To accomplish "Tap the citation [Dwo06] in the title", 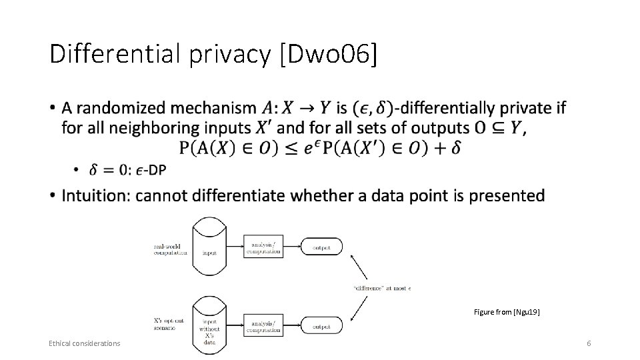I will pos(329,55).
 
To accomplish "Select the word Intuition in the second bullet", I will pos(92,195).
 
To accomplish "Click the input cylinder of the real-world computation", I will pos(209,246).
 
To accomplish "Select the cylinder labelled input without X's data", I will pos(209,327).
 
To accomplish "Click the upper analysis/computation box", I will pos(263,247).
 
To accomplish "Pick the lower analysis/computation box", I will pos(263,326).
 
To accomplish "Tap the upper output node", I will pos(322,247).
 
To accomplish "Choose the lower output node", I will pos(322,327).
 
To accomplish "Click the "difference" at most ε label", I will pos(382,288).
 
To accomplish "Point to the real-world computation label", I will pos(167,249).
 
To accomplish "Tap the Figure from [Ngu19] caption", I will pos(507,311).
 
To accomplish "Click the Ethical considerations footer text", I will pos(84,343).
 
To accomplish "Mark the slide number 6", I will pos(589,343).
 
